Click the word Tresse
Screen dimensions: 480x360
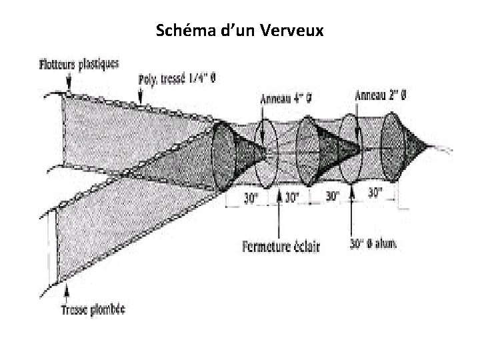click(x=75, y=309)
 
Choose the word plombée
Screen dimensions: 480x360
click(x=108, y=309)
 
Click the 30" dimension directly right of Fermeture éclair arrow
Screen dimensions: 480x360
click(x=293, y=197)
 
